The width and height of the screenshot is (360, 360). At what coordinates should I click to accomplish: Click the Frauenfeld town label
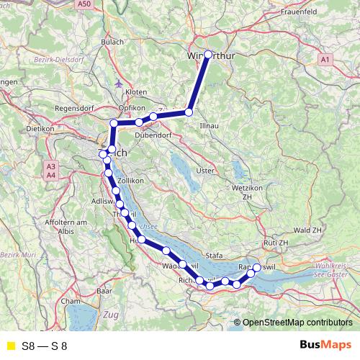(305, 12)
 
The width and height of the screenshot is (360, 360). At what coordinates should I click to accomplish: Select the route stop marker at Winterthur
(209, 55)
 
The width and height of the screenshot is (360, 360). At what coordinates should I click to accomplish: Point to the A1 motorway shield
(325, 58)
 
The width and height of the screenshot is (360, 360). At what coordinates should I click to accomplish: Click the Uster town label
(206, 171)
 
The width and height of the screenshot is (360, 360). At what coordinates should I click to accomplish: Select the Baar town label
(104, 291)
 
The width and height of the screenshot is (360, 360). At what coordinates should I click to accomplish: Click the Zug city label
(110, 315)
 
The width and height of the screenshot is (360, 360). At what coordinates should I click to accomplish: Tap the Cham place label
(70, 301)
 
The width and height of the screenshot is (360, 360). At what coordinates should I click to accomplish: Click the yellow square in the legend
(10, 346)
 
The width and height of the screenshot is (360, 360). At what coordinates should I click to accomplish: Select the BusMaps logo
(325, 346)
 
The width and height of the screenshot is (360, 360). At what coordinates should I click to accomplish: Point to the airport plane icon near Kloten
(119, 81)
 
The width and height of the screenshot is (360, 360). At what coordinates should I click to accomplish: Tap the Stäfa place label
(215, 254)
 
